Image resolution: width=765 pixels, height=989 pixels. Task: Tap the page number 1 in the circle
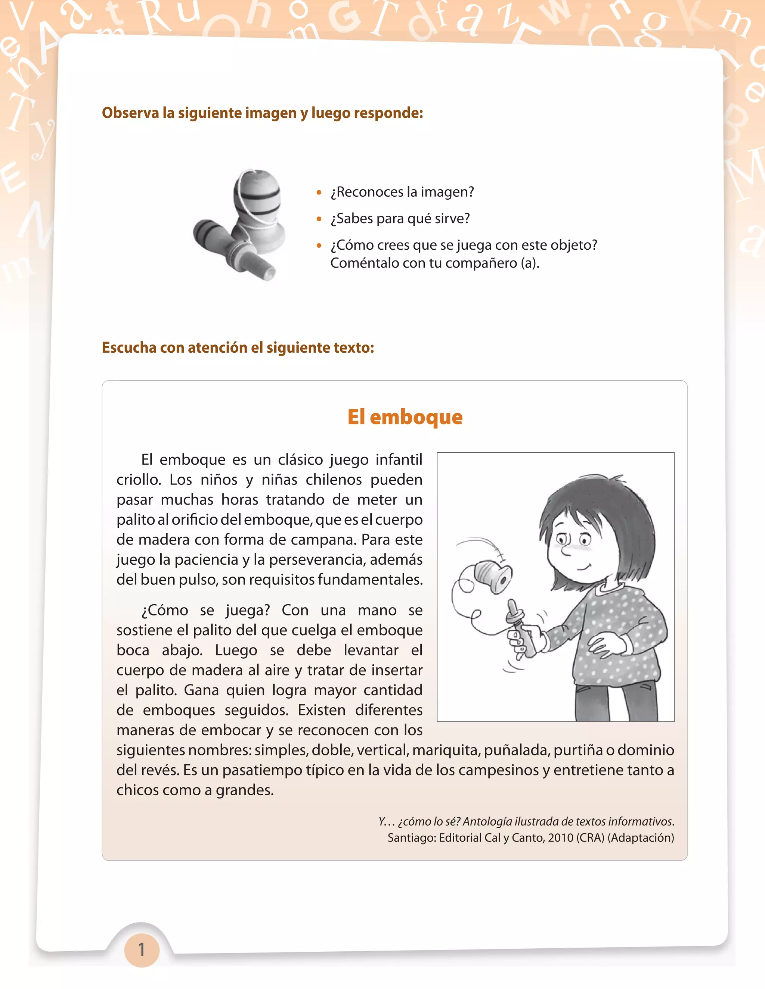[x=142, y=949]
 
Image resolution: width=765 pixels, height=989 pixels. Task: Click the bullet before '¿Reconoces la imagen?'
[x=319, y=193]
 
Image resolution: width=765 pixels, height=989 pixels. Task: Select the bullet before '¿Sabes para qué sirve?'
[x=319, y=219]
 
